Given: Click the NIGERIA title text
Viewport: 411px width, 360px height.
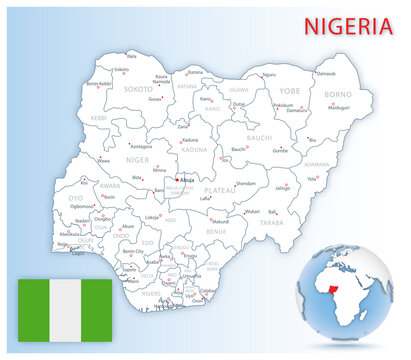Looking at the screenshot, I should [348, 26].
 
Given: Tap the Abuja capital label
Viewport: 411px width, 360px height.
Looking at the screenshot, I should [187, 181].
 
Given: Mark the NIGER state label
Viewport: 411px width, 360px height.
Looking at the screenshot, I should [137, 158].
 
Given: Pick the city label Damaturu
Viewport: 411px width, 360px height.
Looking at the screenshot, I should [294, 110].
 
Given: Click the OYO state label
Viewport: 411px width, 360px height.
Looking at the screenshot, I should [76, 198].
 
